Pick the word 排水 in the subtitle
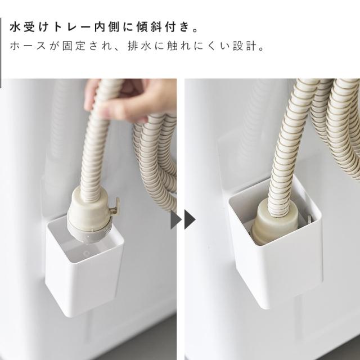tap(139, 46)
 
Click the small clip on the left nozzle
tap(114, 206)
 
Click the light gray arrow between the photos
tap(176, 220)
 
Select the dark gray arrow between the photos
tap(190, 220)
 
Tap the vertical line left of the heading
tap(1, 53)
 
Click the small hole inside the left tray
tap(87, 254)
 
